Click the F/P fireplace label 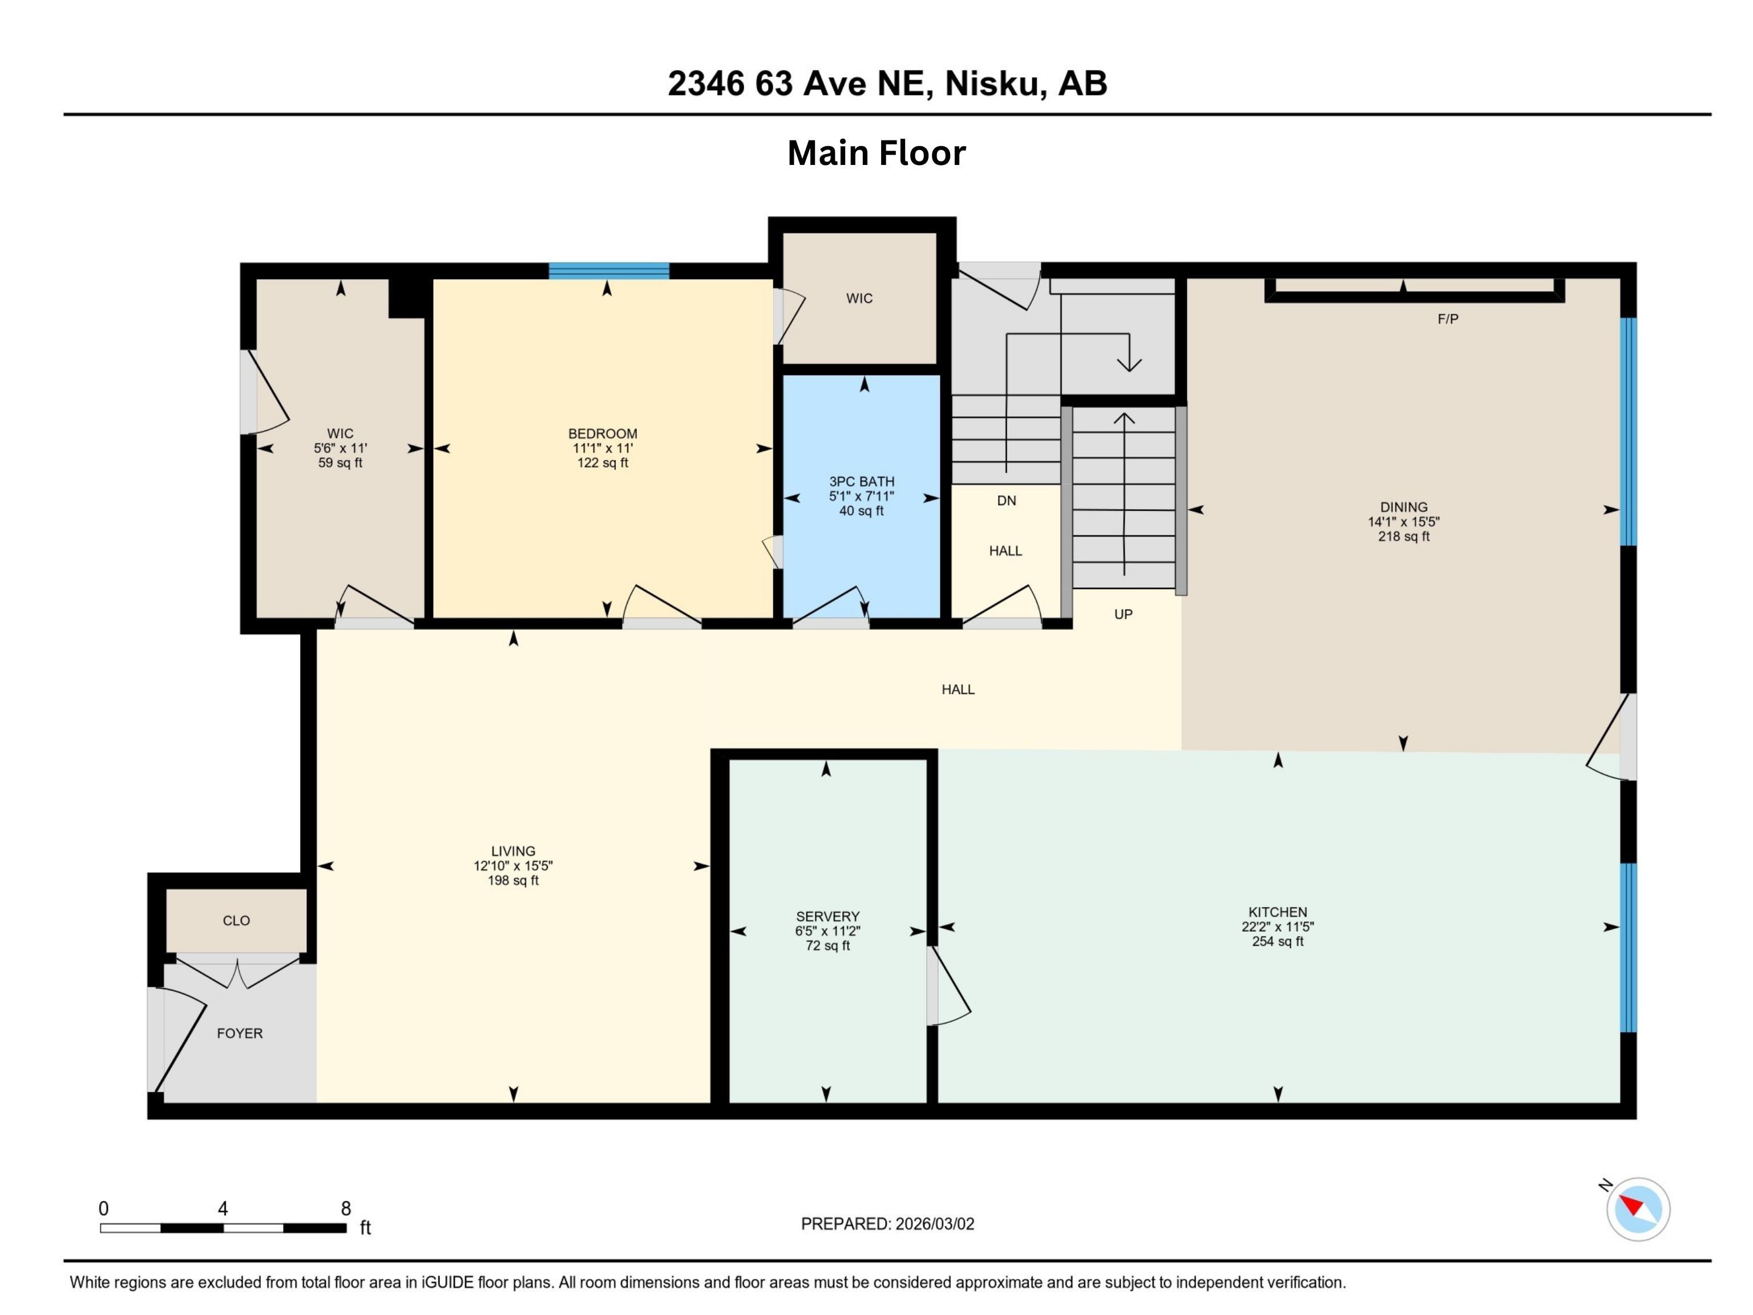[x=1447, y=318]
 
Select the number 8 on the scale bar [x=346, y=1208]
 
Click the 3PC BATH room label [x=862, y=481]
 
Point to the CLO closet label [x=236, y=920]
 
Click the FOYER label [x=239, y=1033]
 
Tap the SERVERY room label [x=827, y=916]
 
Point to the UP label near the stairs [x=1123, y=614]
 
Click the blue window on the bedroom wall [x=609, y=271]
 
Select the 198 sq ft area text [x=513, y=881]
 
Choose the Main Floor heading [x=876, y=153]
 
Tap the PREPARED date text [x=887, y=1223]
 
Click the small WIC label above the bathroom [x=859, y=298]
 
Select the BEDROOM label [x=602, y=434]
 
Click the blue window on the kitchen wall [x=1628, y=947]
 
